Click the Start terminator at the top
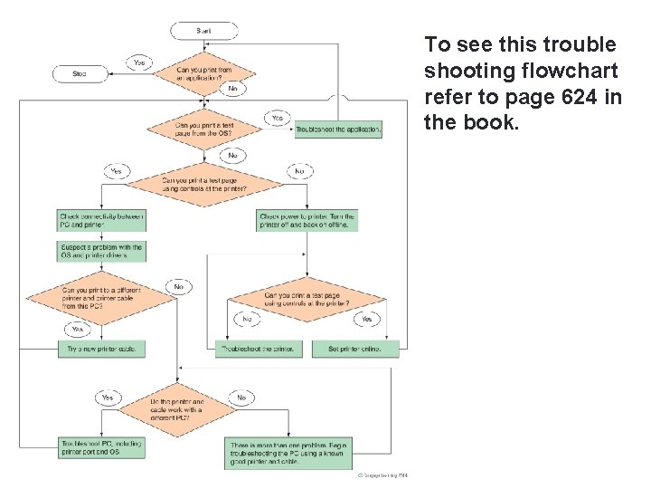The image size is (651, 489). point(204,31)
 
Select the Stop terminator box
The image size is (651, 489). point(80,73)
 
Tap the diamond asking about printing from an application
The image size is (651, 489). point(204,73)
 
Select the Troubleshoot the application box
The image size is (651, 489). point(338,129)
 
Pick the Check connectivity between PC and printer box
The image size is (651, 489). point(101,220)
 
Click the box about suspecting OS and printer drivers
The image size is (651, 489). point(101,251)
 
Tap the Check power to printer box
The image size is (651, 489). point(307,220)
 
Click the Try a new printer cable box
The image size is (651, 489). point(101,349)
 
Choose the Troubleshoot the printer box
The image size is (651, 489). point(258,349)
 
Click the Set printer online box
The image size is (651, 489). point(355,349)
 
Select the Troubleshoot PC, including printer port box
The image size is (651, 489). point(101,447)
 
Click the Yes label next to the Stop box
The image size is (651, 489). point(138,62)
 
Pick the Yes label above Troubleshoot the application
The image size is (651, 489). point(277,118)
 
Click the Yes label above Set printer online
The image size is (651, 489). point(366,319)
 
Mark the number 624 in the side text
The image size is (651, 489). point(585,97)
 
